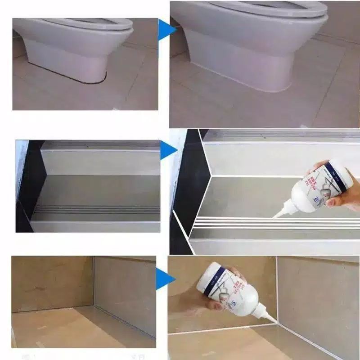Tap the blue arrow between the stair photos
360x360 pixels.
click(x=167, y=151)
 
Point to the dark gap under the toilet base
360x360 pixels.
click(x=90, y=81)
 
